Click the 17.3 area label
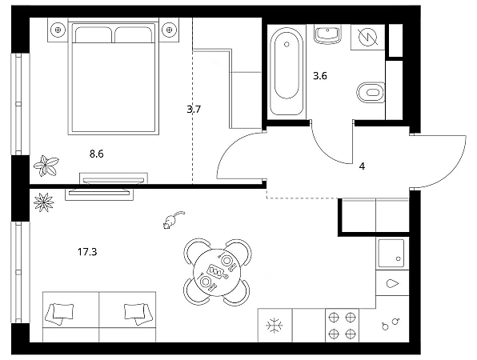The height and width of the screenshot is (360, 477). pos(87,252)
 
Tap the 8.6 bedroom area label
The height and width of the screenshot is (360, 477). pos(96,154)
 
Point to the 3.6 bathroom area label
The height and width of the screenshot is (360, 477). pos(320,76)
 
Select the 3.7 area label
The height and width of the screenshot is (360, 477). pos(194,109)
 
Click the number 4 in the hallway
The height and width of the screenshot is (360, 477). pos(362,166)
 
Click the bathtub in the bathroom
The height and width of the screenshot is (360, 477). pos(286,71)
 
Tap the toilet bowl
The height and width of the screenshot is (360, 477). pos(371,92)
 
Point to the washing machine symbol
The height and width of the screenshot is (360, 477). pos(368,37)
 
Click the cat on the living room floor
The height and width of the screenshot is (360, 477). pos(173,219)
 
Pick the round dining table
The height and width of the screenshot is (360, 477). pos(217,271)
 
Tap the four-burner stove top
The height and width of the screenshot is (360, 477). pos(343,326)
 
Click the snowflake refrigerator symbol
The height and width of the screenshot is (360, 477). pos(275,326)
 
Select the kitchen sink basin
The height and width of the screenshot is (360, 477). pos(391,253)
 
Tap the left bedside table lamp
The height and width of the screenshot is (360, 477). pos(58,30)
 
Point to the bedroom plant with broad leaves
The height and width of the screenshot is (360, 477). pos(46,166)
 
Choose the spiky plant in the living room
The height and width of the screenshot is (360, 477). pos(44,202)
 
